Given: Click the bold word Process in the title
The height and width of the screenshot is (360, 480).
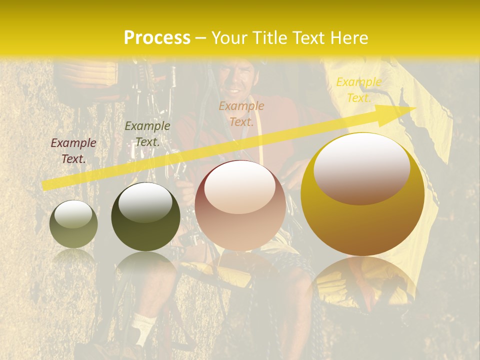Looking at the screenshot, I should (x=157, y=37).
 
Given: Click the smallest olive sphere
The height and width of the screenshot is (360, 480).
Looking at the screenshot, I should (x=73, y=224).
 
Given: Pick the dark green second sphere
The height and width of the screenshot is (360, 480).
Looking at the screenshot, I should (x=145, y=216).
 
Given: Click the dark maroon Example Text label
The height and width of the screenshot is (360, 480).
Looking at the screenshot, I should (x=73, y=151).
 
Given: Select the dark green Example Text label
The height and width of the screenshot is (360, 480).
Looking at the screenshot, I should (x=147, y=134).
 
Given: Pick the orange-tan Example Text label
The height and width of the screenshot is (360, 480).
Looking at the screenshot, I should (x=241, y=114).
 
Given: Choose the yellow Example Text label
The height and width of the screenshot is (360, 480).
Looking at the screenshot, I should (x=358, y=90).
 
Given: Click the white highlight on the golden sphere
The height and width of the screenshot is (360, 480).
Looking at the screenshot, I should (x=361, y=167).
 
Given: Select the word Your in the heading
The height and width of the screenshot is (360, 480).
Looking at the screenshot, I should (x=227, y=37).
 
